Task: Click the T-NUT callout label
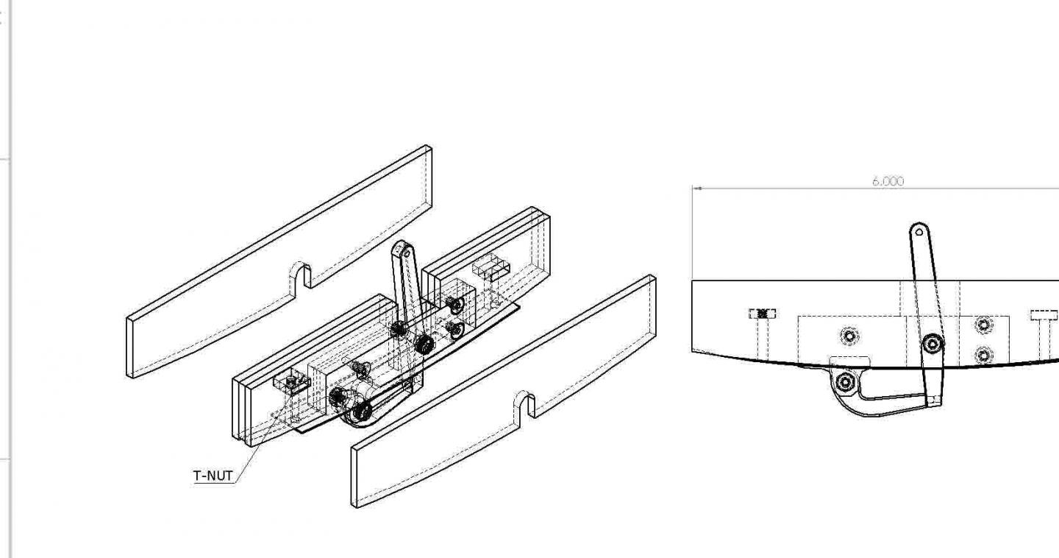click(213, 476)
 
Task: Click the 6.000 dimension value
click(888, 181)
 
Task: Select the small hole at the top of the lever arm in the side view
click(919, 233)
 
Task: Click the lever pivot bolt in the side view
click(933, 344)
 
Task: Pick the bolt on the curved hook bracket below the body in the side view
click(846, 381)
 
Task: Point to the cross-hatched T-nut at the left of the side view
click(762, 314)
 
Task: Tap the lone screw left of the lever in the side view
click(849, 336)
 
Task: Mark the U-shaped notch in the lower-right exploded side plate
click(527, 406)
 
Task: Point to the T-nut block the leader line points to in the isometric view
click(291, 382)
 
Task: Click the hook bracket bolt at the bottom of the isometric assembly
click(360, 412)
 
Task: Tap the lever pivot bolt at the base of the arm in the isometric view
click(422, 344)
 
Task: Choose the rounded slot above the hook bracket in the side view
click(849, 361)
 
